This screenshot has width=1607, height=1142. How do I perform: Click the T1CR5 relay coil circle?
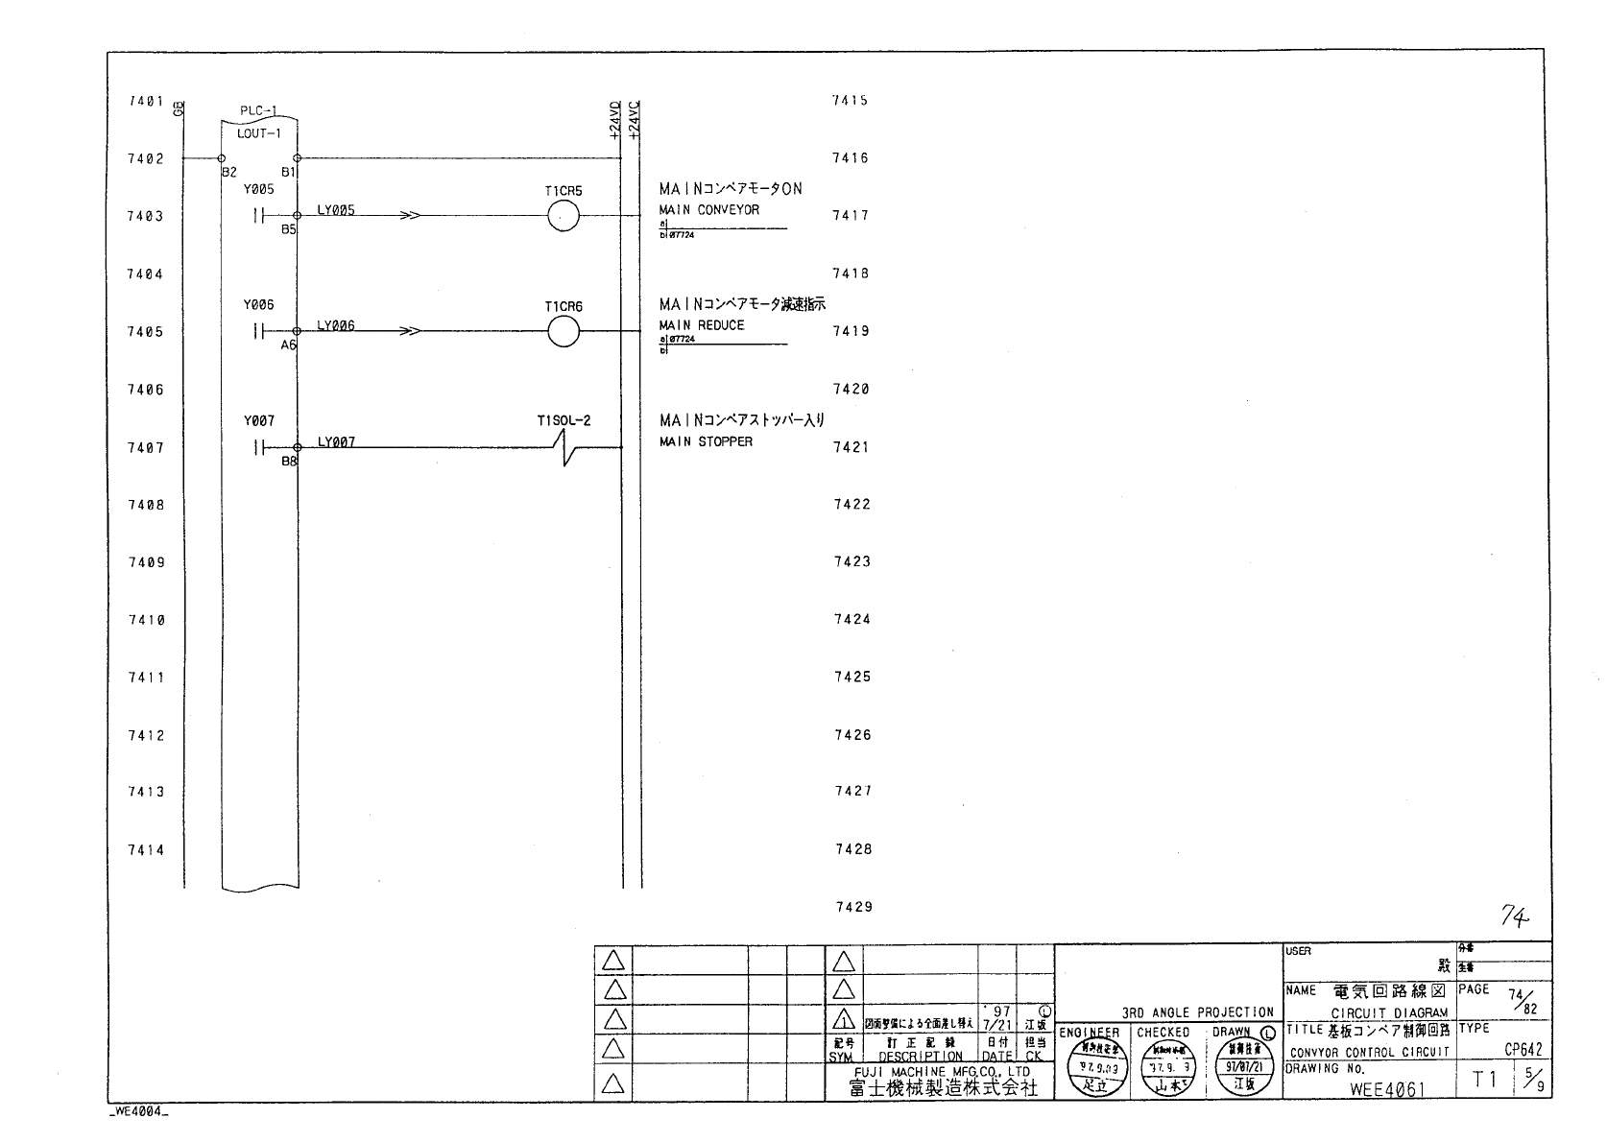(x=564, y=217)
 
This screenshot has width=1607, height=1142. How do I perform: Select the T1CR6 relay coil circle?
(x=564, y=332)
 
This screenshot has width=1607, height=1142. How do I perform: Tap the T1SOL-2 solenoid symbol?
(x=565, y=447)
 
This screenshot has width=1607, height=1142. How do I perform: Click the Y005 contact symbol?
(x=256, y=216)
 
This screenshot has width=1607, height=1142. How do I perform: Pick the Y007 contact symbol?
(x=256, y=447)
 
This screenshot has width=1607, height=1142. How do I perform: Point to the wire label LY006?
(x=336, y=325)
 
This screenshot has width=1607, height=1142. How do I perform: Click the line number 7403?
(x=145, y=216)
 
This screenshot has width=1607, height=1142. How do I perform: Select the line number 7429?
(x=852, y=907)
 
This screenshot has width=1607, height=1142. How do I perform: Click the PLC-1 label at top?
(x=257, y=111)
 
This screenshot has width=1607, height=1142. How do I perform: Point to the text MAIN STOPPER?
(x=706, y=441)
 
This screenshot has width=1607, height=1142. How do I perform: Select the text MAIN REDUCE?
(x=702, y=325)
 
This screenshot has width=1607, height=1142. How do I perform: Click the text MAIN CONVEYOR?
(x=708, y=209)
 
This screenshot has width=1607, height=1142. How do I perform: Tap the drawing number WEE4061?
(x=1387, y=1089)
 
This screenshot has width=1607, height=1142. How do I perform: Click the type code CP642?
(x=1523, y=1050)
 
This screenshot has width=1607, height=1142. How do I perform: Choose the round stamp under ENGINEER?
(x=1094, y=1068)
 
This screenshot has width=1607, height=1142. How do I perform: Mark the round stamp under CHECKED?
(x=1164, y=1068)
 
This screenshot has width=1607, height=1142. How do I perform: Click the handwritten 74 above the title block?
(x=1514, y=918)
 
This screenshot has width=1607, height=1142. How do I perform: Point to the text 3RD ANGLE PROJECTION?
(x=1197, y=1012)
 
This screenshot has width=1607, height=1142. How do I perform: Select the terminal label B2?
(x=228, y=173)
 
